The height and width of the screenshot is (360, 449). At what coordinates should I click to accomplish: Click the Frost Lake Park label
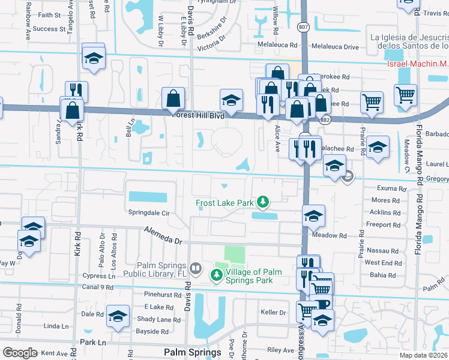224,203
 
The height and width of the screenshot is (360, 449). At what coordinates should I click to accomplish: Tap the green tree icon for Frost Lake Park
262,202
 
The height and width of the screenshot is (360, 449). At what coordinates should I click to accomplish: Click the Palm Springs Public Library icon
195,267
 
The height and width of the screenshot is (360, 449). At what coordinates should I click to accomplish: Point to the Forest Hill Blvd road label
197,116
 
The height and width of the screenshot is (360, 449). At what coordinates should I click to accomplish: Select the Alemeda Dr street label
163,236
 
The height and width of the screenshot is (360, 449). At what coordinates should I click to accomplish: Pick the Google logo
20,353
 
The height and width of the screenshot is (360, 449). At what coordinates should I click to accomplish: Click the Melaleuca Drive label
334,46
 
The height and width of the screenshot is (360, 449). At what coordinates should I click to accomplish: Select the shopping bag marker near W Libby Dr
173,98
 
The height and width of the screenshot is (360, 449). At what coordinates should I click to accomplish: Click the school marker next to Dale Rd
118,316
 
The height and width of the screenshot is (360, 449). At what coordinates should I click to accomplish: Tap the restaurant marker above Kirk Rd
76,91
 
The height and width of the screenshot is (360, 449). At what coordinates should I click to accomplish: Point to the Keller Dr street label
273,312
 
